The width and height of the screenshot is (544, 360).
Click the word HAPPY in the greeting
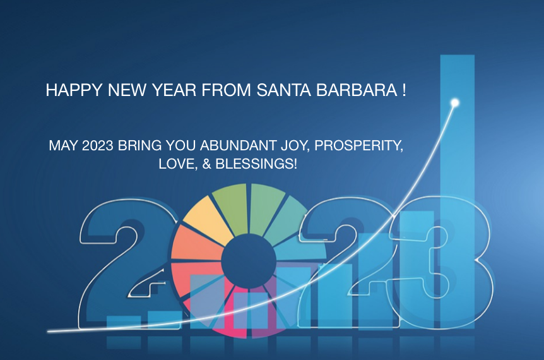(x=74, y=90)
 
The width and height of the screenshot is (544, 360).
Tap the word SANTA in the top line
(x=283, y=90)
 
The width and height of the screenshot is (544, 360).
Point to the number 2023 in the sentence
(x=97, y=145)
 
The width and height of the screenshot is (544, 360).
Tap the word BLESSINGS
(x=256, y=164)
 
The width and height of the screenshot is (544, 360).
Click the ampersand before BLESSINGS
(x=206, y=164)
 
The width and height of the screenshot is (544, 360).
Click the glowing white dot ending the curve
(x=455, y=103)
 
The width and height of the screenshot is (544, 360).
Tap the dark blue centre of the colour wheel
(x=249, y=261)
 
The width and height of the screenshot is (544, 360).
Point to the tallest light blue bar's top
(x=458, y=55)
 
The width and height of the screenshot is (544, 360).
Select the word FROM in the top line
(x=226, y=90)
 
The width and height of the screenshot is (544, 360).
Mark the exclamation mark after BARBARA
(x=405, y=90)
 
